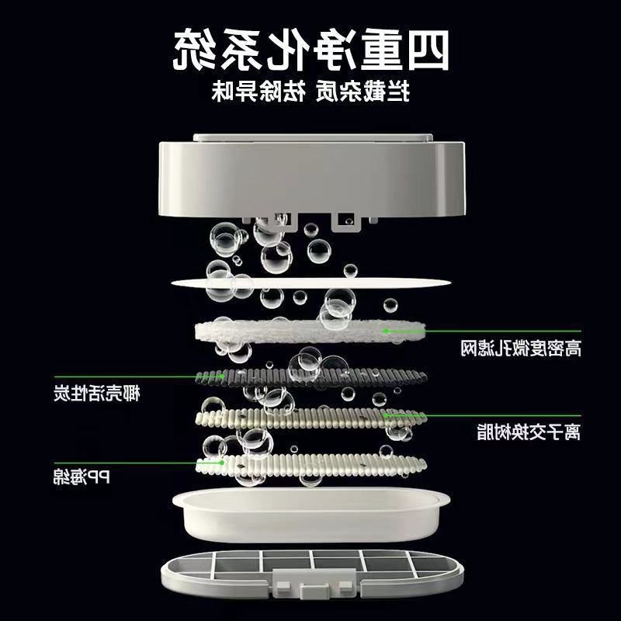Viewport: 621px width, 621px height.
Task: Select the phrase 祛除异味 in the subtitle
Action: click(365, 92)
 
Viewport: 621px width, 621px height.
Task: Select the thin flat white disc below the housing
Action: click(310, 281)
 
